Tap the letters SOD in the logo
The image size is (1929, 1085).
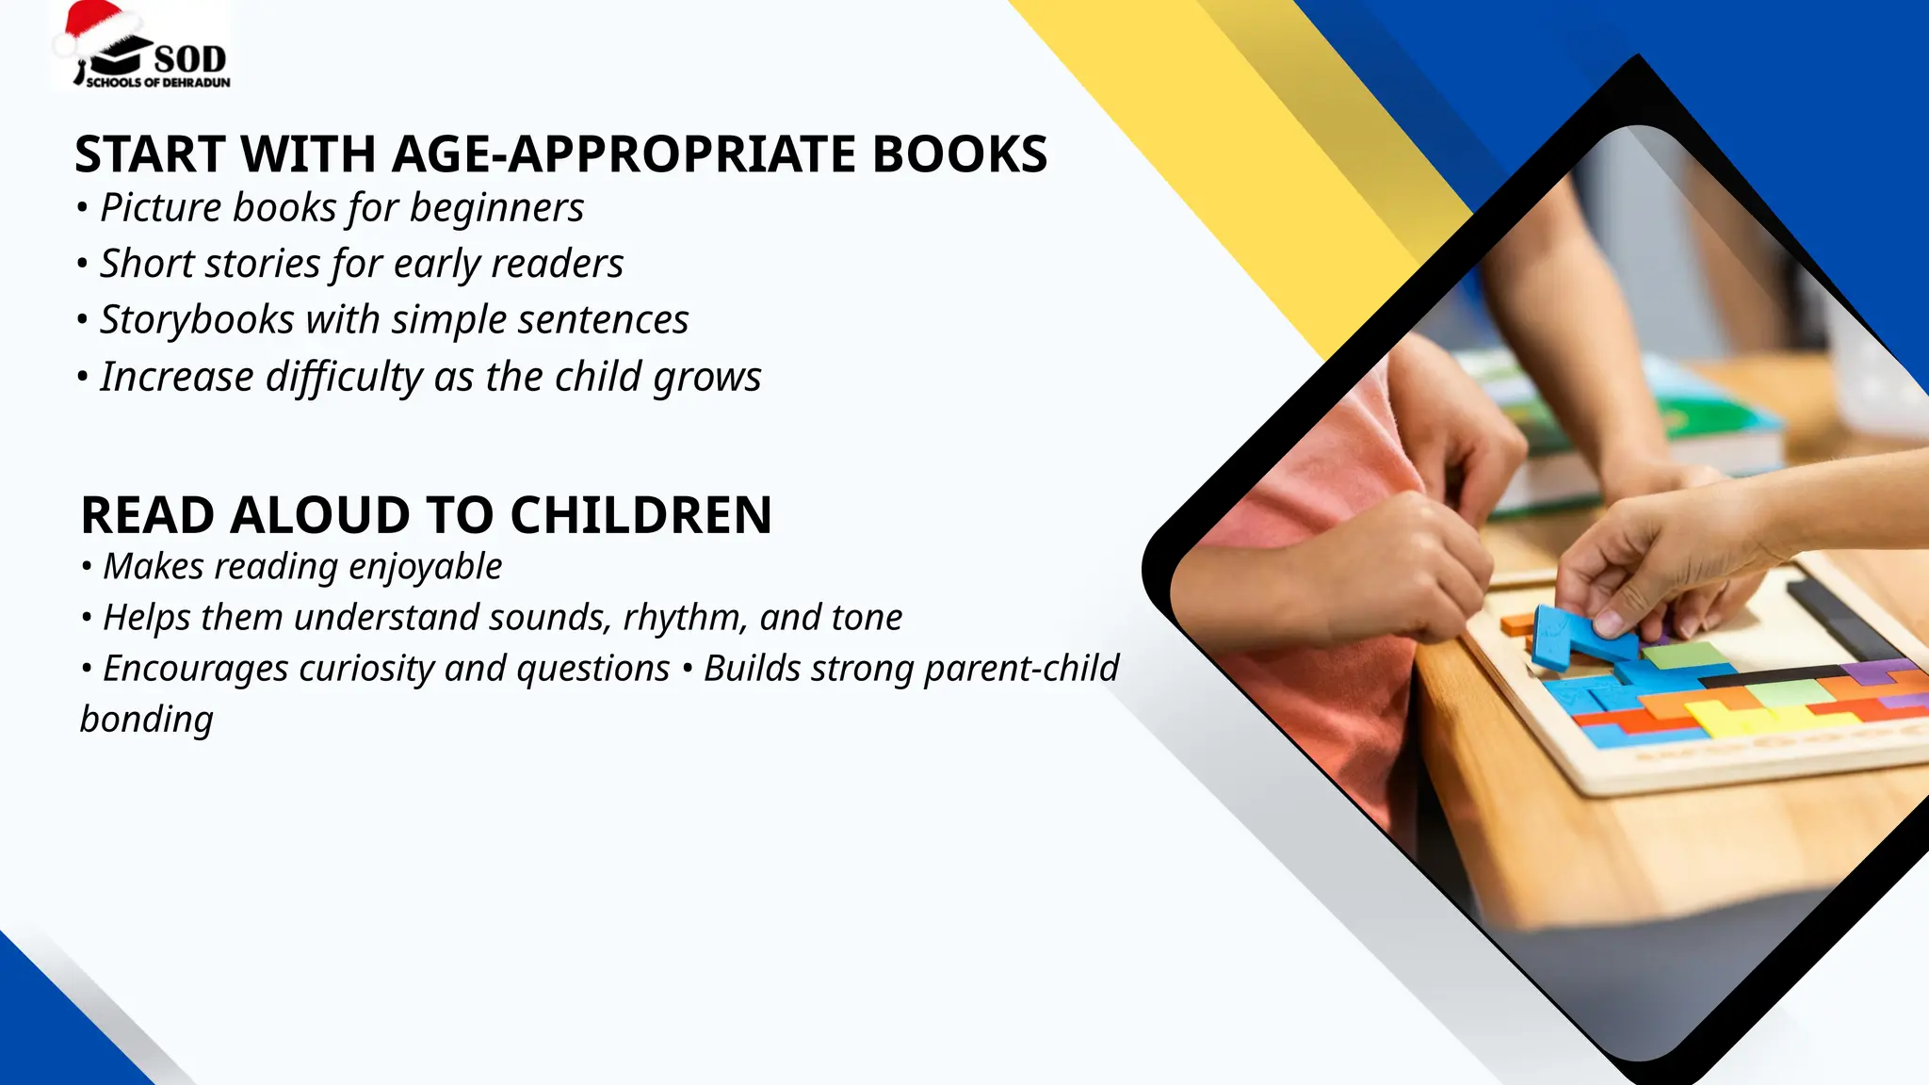click(x=190, y=59)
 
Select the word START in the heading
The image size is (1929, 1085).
click(x=150, y=154)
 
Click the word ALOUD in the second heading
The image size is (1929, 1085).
click(x=320, y=515)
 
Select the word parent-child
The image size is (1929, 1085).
click(x=1021, y=669)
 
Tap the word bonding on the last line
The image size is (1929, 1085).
click(x=147, y=720)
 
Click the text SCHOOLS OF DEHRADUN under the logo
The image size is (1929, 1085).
click(x=158, y=83)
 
